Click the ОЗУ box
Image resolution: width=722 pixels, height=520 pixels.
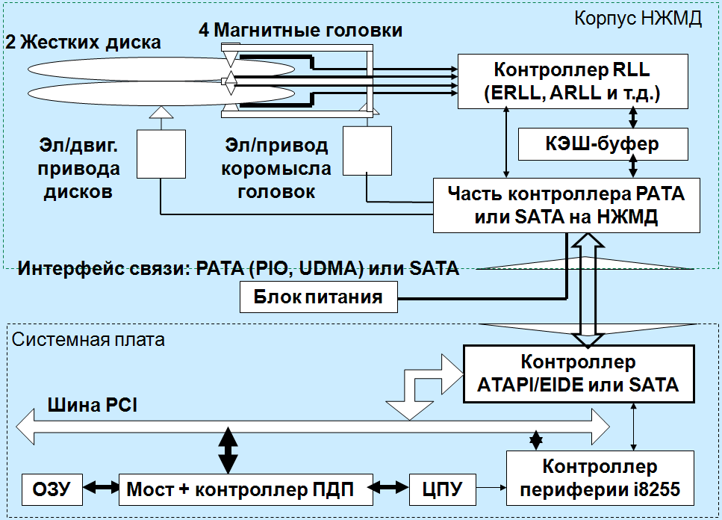51,489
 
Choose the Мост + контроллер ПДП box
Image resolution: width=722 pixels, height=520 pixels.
239,489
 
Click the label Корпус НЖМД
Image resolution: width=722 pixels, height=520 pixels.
638,19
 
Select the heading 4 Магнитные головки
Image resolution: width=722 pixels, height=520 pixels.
300,31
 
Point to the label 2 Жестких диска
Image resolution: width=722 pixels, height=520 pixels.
83,43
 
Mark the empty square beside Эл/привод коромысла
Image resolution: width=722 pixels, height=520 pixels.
367,149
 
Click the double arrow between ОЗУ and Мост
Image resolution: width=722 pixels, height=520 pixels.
100,489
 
